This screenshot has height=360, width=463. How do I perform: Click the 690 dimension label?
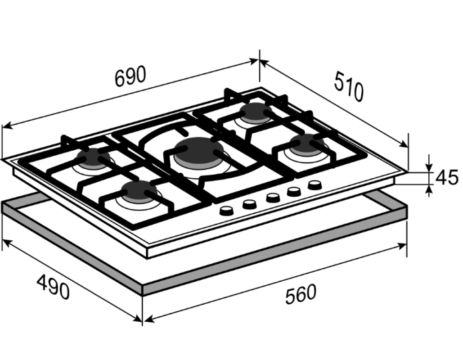[130, 76]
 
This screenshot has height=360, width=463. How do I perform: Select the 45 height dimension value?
[447, 177]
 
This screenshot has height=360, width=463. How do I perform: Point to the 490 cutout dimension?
[53, 287]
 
